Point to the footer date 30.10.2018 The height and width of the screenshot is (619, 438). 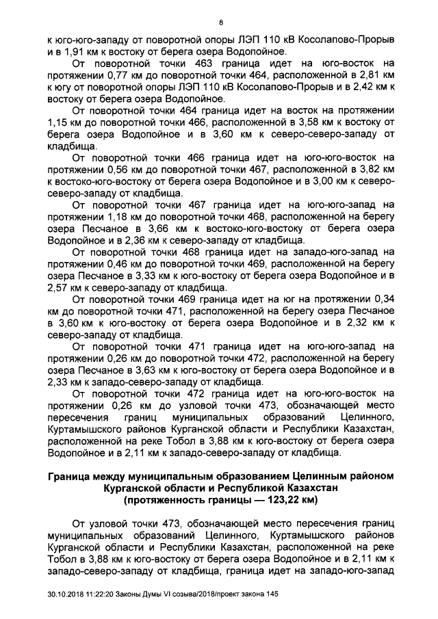click(66, 603)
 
